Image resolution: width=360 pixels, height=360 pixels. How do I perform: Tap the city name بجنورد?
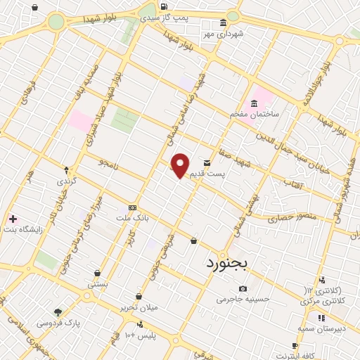[233, 263]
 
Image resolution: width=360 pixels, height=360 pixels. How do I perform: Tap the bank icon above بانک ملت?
[132, 208]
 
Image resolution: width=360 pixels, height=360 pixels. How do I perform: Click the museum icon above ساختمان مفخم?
[254, 103]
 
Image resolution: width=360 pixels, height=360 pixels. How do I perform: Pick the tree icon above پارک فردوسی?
[58, 312]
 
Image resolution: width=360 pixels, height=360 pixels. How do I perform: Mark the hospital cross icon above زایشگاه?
[12, 218]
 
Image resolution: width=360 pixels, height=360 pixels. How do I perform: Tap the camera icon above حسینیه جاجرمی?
[243, 288]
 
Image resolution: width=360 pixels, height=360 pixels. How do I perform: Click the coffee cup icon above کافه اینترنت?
[295, 345]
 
